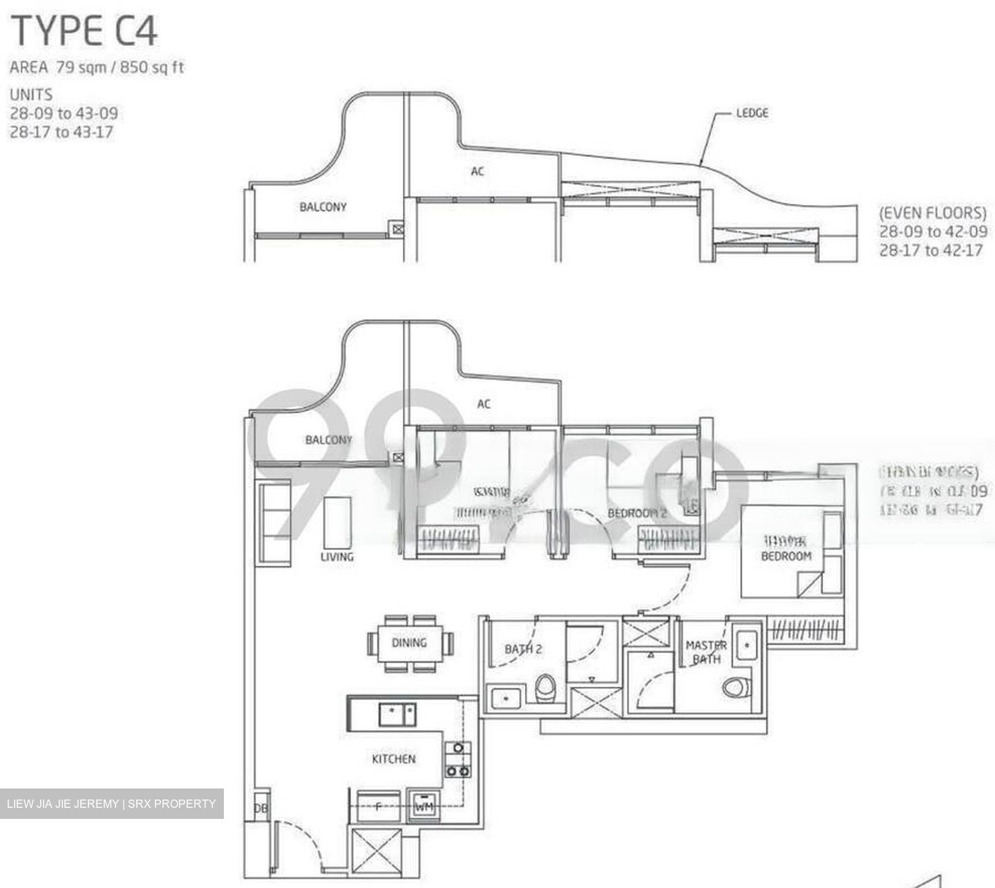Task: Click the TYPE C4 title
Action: [x=84, y=32]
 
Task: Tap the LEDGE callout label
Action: [x=752, y=113]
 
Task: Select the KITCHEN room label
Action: [x=394, y=759]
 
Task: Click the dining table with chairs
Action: [x=409, y=643]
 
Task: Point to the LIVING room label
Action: [x=337, y=556]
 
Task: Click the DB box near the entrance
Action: [x=260, y=808]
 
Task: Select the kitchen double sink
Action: [x=397, y=714]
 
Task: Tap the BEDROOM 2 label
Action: [x=636, y=513]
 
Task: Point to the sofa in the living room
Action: [x=275, y=524]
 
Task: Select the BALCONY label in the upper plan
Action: [x=323, y=207]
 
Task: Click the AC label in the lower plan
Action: [x=483, y=404]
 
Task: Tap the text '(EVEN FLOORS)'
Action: [x=932, y=213]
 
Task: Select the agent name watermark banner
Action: [x=111, y=804]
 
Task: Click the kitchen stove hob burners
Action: [x=457, y=759]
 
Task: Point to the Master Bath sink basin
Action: [x=746, y=646]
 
